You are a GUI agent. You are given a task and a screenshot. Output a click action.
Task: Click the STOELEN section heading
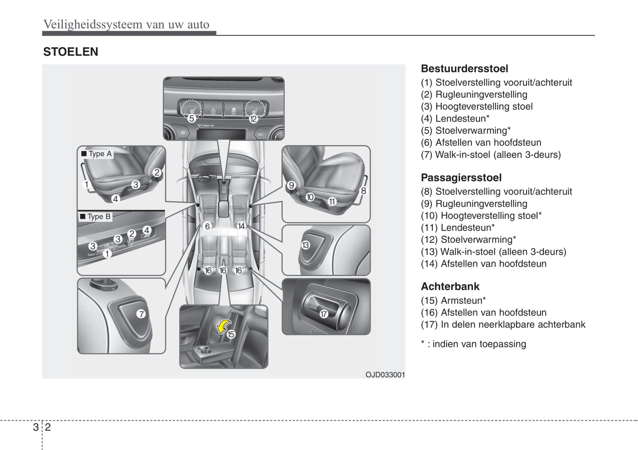click(x=71, y=52)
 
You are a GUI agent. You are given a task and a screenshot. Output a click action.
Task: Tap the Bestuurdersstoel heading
click(x=464, y=69)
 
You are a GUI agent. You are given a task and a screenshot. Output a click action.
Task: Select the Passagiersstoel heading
click(x=461, y=178)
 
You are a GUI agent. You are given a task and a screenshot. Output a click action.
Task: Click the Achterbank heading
click(x=450, y=287)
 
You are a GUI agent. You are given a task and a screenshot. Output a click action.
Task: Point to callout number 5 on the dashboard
click(x=191, y=118)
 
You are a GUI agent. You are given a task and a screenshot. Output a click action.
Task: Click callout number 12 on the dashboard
click(x=253, y=118)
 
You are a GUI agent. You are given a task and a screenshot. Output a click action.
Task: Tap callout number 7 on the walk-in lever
click(x=141, y=314)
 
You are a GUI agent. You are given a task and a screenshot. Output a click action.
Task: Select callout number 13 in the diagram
click(x=306, y=245)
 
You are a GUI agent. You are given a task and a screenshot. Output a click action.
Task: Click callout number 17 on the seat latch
click(x=324, y=314)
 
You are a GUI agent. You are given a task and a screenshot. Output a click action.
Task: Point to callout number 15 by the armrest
click(x=230, y=334)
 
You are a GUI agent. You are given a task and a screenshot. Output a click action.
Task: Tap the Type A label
click(x=97, y=154)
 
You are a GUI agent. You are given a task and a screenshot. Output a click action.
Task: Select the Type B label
click(x=95, y=216)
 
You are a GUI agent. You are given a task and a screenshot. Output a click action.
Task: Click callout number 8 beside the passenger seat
click(x=363, y=191)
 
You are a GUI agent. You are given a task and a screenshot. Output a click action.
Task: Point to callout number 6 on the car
click(x=207, y=226)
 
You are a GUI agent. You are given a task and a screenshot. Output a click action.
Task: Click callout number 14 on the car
click(x=241, y=226)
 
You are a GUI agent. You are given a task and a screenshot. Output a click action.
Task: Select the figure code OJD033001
click(x=385, y=375)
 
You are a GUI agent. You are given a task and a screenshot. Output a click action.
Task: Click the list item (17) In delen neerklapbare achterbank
click(x=503, y=325)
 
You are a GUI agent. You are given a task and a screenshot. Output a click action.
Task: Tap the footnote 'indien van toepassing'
click(x=473, y=344)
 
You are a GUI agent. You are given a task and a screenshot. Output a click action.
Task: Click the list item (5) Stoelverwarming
click(x=466, y=131)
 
